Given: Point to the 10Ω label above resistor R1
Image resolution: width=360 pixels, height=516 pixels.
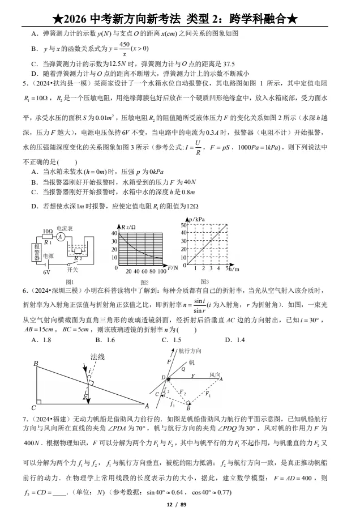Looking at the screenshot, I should pos(48,232).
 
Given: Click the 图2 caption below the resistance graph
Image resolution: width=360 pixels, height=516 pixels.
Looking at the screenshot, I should pos(144,282).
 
